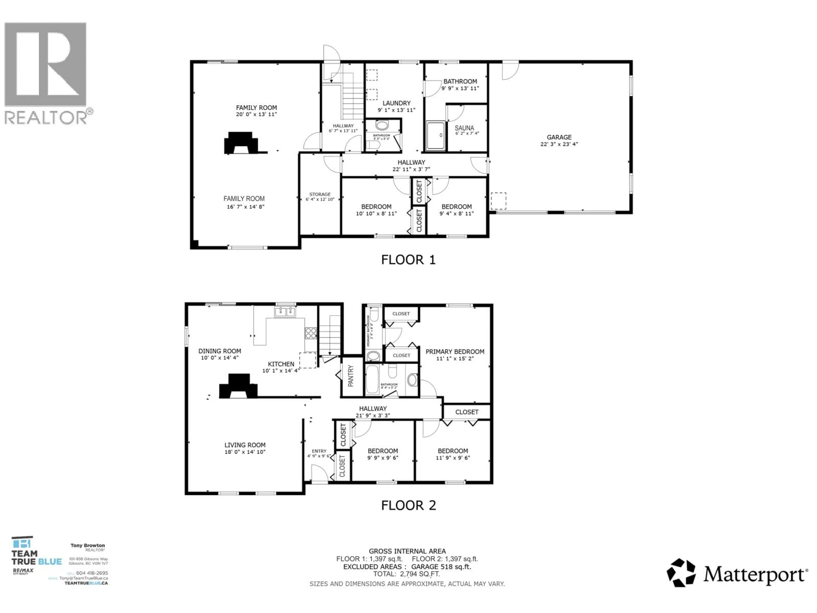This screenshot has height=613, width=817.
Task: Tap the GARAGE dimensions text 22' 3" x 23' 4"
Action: tap(559, 144)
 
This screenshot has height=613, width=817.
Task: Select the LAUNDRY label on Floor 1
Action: tap(396, 103)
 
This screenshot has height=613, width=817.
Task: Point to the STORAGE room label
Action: tap(320, 194)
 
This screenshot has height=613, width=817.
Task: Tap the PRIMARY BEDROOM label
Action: tap(455, 351)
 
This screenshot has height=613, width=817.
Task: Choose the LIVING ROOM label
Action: tap(245, 445)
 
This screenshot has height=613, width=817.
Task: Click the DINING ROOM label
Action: tap(220, 351)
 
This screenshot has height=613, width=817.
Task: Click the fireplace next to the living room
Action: tap(239, 387)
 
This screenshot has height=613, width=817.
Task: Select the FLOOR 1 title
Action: tap(408, 260)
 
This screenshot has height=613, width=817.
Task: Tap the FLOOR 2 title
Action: tap(408, 505)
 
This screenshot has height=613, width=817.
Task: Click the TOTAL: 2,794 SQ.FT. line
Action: tap(406, 574)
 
